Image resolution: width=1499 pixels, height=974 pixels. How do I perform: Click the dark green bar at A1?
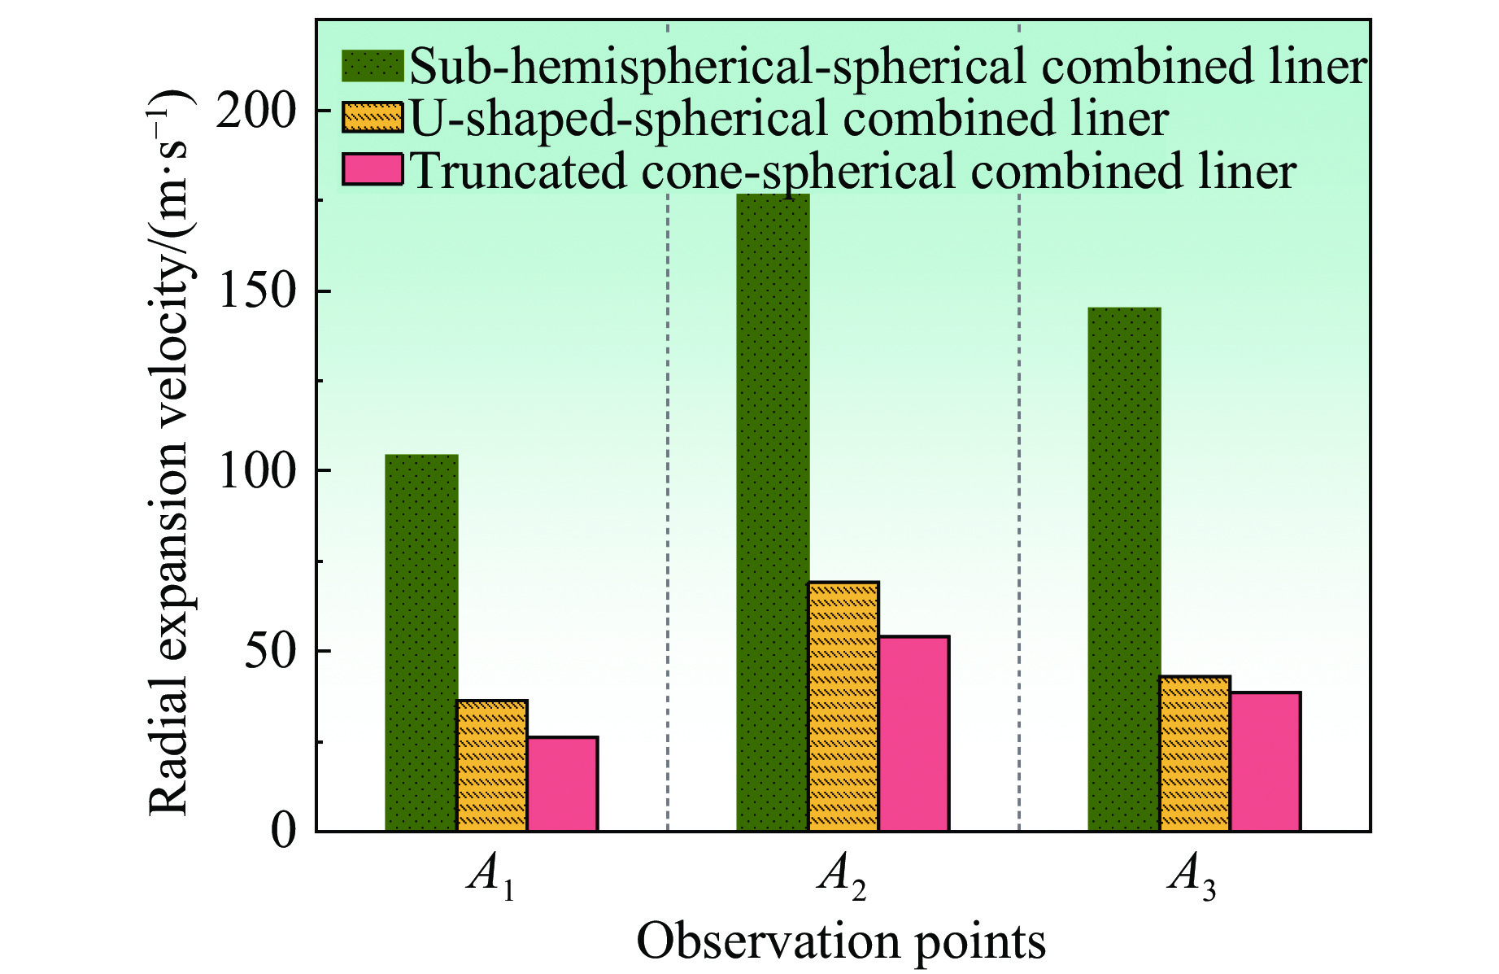421,643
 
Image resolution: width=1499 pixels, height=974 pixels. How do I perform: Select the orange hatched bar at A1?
492,765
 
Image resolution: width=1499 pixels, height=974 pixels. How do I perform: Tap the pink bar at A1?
562,784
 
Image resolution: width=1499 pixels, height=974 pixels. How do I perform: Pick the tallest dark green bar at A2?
773,513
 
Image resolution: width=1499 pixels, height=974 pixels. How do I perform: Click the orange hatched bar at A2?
843,706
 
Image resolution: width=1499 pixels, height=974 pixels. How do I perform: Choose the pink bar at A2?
913,733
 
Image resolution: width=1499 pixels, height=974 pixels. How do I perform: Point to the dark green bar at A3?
1124,570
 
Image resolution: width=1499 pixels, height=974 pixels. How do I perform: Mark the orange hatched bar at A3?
1195,753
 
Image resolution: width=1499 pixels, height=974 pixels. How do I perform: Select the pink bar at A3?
1265,762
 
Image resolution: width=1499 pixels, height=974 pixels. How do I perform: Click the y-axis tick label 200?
254,111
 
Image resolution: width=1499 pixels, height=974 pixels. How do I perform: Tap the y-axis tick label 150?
254,291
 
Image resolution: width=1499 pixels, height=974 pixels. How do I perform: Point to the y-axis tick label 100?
254,472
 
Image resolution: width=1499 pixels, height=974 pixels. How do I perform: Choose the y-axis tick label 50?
268,652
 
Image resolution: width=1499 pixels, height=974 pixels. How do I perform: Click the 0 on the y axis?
282,832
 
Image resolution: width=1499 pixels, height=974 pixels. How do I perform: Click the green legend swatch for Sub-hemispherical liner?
373,66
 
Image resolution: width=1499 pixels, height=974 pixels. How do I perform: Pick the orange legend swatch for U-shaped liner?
373,118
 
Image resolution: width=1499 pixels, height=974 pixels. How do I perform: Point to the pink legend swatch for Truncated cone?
373,169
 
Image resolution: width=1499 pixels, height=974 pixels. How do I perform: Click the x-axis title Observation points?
841,942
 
